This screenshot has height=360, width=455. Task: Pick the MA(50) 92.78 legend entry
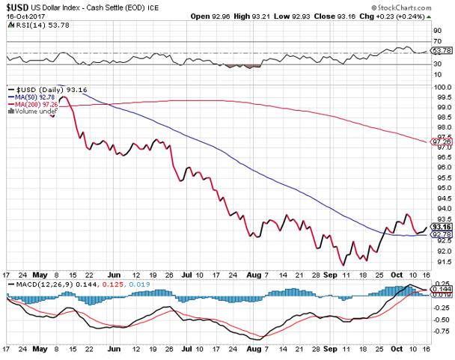click(34, 97)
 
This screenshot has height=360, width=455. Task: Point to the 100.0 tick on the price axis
click(442, 87)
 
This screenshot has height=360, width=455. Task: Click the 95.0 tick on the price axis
click(442, 187)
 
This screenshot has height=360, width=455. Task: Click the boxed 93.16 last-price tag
click(442, 226)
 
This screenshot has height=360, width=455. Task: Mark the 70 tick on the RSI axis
click(437, 41)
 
